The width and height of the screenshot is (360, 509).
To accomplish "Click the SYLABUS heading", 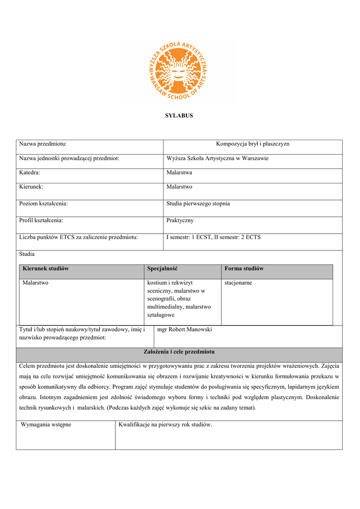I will point(179,116).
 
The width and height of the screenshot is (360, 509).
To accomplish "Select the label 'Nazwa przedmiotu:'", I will point(43,144).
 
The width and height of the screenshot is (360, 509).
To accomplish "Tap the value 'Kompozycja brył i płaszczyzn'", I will point(253,144).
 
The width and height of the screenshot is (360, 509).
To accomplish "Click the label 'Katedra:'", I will point(29,172).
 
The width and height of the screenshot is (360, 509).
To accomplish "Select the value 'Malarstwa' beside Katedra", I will point(179,172).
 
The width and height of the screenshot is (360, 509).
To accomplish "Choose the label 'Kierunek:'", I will point(31,187).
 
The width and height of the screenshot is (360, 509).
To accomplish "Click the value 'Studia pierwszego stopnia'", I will point(198,204).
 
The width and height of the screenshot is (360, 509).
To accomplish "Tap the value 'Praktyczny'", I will point(180,220).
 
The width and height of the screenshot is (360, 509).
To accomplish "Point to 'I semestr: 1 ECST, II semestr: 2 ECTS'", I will point(213,237).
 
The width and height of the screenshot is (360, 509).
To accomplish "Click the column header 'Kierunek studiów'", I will point(46,268).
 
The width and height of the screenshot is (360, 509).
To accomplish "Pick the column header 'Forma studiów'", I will point(244,268).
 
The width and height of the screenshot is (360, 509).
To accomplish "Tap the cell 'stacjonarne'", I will point(238,283).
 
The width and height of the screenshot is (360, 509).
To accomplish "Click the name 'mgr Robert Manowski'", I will point(184,330).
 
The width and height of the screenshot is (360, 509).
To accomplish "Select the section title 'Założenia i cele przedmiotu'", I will point(179,352).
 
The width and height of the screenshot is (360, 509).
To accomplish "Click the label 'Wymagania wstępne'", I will point(46,425).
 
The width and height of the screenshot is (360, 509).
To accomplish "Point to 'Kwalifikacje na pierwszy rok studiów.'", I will point(165,425).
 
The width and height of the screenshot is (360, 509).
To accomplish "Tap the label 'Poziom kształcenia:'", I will point(43,204).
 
